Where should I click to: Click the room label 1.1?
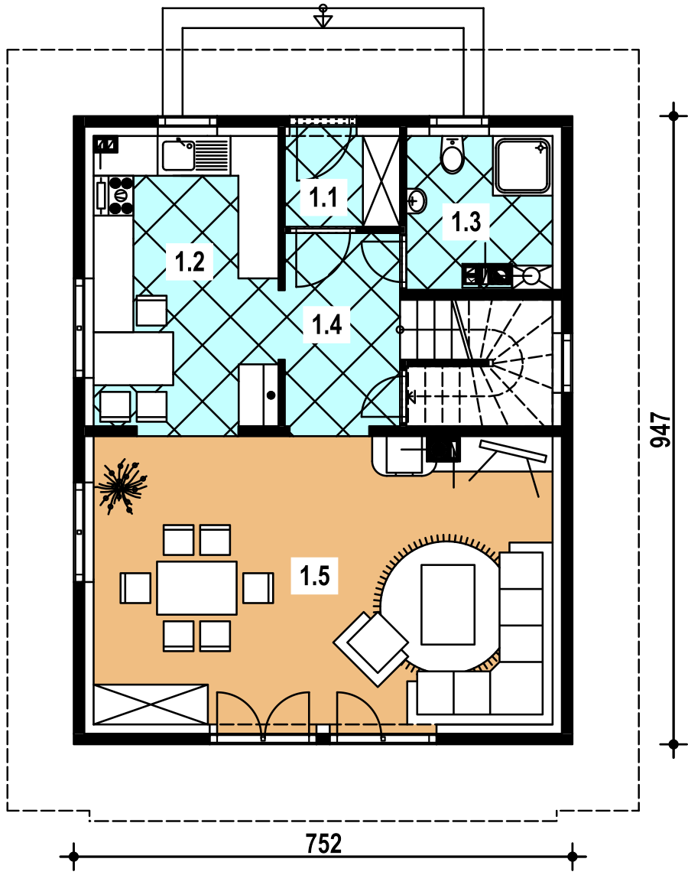coord(323,197)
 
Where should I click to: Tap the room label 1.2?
coord(190,261)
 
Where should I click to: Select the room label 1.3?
coord(466,222)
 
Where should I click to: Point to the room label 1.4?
coord(326,324)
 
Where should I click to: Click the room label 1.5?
coord(315,575)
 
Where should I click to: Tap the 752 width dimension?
coord(323,844)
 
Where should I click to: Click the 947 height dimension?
coord(660,430)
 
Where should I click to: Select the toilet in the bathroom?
coord(452,155)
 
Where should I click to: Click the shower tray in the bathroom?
coord(523,165)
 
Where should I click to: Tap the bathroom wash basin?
coord(417,201)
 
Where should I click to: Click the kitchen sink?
coord(195,155)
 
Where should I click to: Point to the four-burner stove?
coord(115,195)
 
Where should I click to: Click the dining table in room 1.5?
coord(196,588)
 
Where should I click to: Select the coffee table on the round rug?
coord(448,604)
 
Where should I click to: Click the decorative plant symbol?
coord(122,486)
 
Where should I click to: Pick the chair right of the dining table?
coord(258,588)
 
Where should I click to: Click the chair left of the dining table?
coord(135,588)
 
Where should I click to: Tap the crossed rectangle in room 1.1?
coord(381,181)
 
